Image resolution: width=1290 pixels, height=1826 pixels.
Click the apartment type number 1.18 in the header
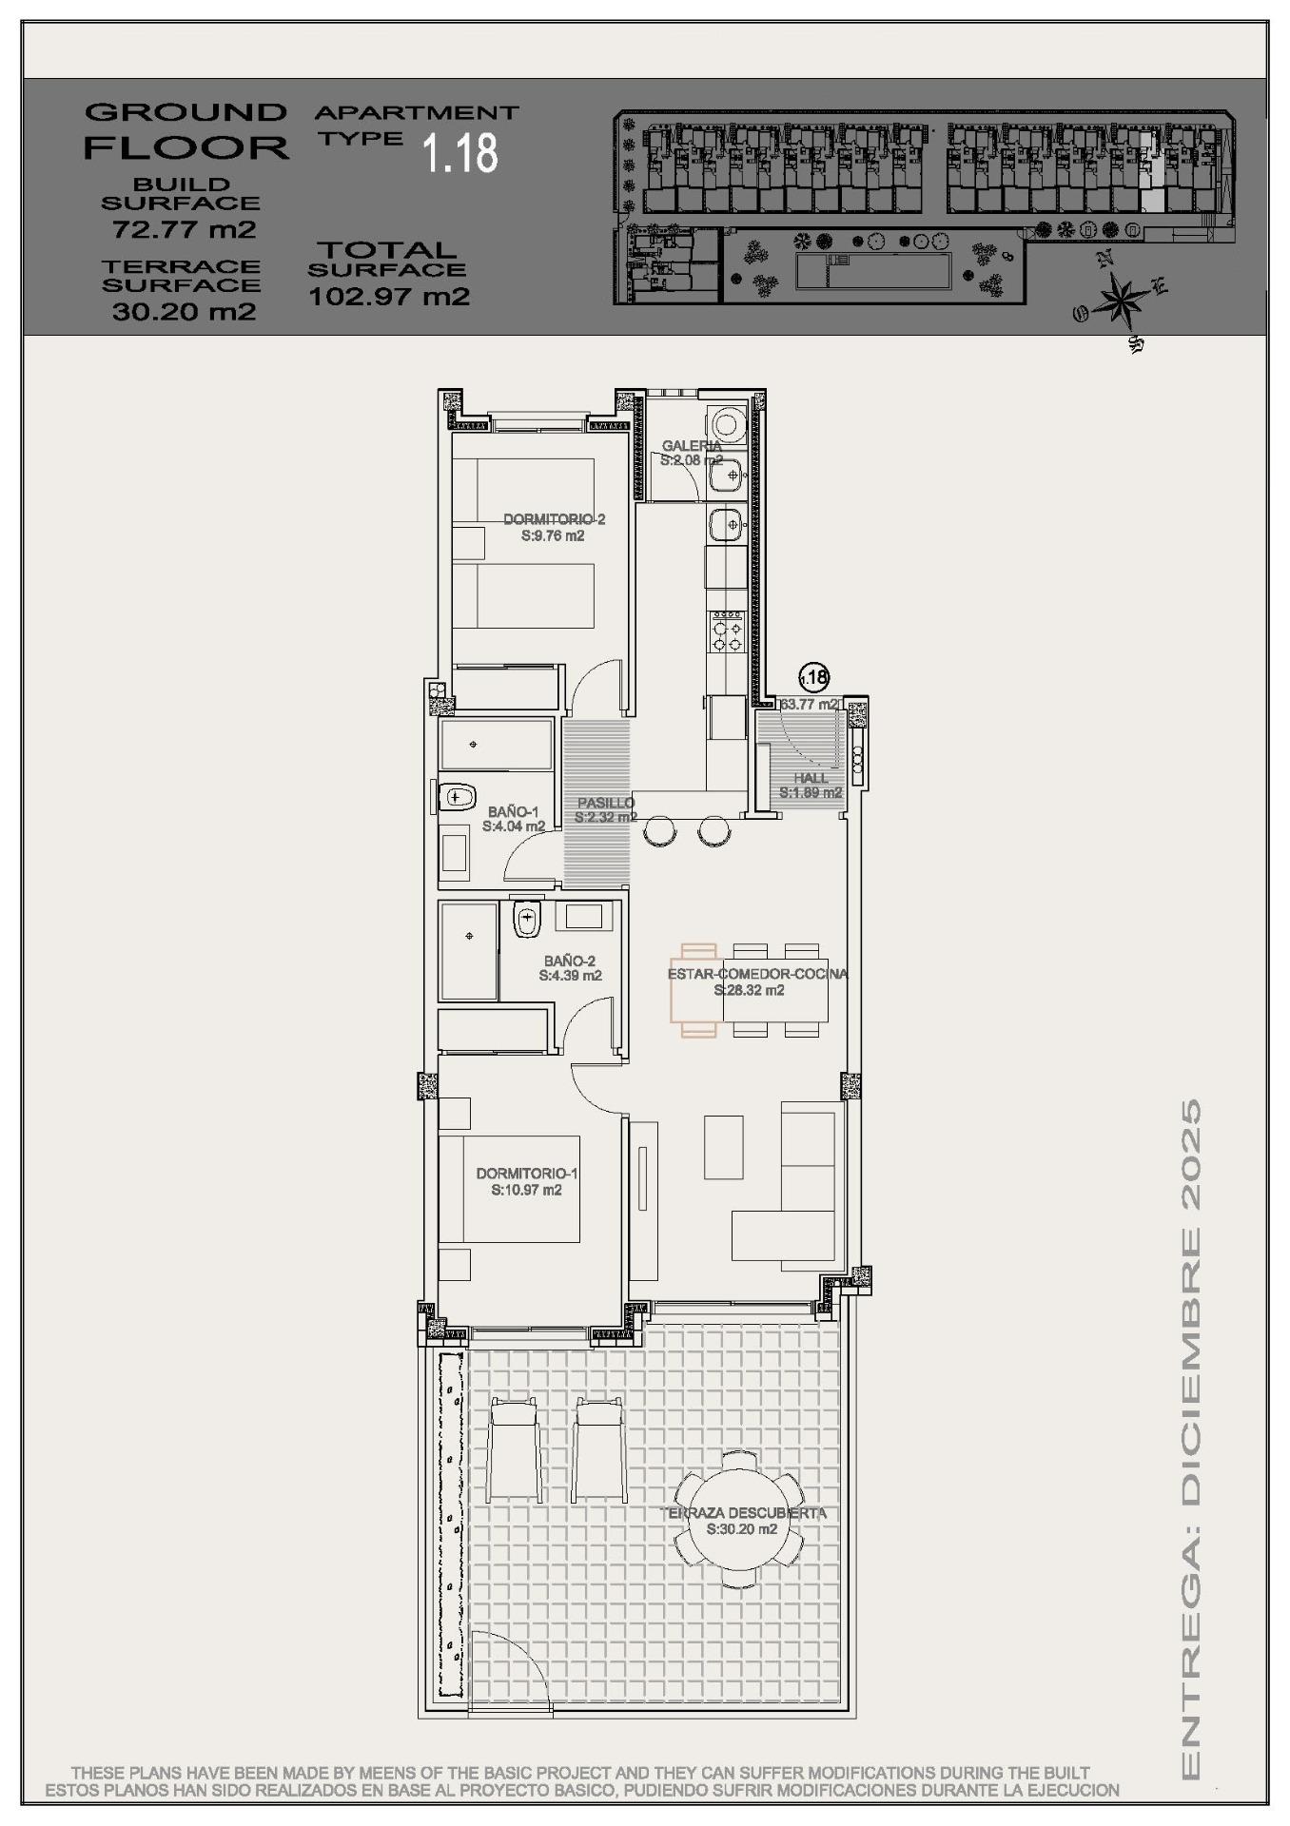pyautogui.click(x=460, y=153)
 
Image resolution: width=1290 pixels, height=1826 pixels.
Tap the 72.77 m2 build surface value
pyautogui.click(x=184, y=229)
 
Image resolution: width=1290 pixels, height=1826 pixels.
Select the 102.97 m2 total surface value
pyautogui.click(x=389, y=296)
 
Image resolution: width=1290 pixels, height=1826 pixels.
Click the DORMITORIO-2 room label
pyautogui.click(x=554, y=519)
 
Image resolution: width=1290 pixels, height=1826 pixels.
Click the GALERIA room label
pyautogui.click(x=692, y=445)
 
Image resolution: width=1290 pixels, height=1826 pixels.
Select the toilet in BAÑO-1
pyautogui.click(x=458, y=795)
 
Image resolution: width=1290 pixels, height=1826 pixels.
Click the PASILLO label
pyautogui.click(x=606, y=803)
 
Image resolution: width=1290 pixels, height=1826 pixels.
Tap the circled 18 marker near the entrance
pyautogui.click(x=813, y=677)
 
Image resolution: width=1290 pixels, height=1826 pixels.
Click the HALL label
pyautogui.click(x=811, y=778)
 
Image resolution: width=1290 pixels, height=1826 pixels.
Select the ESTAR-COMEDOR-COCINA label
pyautogui.click(x=757, y=974)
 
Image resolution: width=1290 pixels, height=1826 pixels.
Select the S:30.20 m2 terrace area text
pyautogui.click(x=742, y=1529)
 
